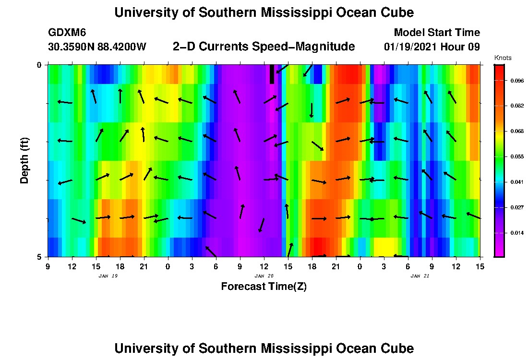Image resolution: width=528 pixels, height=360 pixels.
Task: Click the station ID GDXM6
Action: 67,33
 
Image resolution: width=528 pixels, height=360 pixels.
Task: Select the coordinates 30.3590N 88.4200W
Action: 97,47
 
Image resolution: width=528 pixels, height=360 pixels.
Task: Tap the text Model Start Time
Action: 436,33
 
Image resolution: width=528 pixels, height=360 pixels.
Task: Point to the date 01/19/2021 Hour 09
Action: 432,47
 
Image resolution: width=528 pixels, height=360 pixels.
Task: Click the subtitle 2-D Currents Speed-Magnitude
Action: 264,47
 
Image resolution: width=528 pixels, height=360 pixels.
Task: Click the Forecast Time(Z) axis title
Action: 264,287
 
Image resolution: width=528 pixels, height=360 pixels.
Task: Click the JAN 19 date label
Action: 108,276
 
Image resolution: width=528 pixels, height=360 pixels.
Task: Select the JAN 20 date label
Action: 264,276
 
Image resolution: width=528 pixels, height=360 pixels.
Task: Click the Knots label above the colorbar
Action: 503,58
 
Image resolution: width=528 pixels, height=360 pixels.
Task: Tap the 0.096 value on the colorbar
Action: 517,81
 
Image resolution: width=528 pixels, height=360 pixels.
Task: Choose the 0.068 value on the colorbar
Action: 517,131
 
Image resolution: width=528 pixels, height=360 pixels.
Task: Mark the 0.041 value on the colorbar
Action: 517,182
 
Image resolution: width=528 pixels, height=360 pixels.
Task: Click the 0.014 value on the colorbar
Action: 517,233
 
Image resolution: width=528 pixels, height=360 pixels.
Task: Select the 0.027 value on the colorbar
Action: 517,207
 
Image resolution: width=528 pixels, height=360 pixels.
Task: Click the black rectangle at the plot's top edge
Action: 272,74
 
